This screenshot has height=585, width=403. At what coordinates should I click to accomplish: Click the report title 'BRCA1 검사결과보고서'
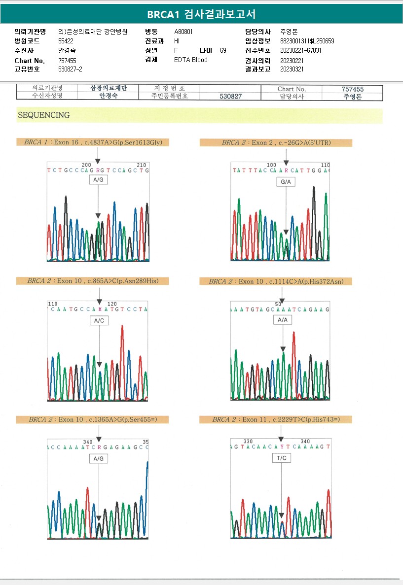(x=201, y=14)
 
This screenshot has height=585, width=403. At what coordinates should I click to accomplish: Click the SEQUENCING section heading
(x=44, y=115)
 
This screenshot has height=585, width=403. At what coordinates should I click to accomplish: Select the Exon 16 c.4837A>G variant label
(x=92, y=142)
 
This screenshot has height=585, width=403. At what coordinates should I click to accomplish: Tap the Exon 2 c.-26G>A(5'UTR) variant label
(x=276, y=143)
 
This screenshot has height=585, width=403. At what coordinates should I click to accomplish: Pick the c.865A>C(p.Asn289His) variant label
(x=92, y=281)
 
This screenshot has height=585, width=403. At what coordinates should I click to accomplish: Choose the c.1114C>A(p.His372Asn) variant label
(x=276, y=281)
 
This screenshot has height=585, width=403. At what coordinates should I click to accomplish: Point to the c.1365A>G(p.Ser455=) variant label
(x=92, y=419)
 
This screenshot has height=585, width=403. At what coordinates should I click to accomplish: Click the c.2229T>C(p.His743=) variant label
(x=276, y=419)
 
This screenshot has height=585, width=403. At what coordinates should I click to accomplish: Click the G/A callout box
(x=286, y=182)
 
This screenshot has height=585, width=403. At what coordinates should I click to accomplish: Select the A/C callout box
(x=99, y=320)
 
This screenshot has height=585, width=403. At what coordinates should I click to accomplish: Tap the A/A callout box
(x=282, y=320)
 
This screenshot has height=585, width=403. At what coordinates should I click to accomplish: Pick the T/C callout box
(x=281, y=458)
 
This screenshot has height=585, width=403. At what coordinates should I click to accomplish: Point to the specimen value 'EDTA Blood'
(x=191, y=60)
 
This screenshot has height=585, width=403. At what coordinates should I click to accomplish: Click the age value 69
(x=223, y=50)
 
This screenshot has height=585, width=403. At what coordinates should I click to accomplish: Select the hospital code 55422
(x=66, y=41)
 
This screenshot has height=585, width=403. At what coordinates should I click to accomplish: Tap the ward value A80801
(x=183, y=32)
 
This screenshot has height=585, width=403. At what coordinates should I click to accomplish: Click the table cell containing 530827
(x=230, y=97)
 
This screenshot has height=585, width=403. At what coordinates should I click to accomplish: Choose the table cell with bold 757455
(x=352, y=89)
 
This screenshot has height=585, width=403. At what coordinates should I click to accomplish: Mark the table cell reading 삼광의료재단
(x=109, y=88)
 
